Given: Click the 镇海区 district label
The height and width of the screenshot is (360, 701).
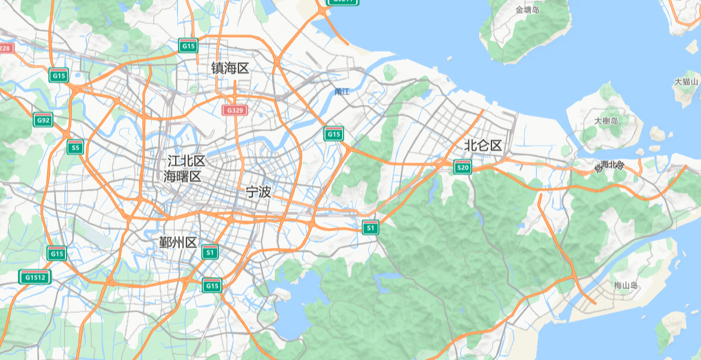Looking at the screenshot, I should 230,68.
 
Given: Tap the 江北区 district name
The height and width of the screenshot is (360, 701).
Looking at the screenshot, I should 186,161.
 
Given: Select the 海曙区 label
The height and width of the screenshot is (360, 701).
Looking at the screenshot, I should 182,176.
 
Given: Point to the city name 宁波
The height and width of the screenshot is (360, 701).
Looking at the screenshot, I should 258,192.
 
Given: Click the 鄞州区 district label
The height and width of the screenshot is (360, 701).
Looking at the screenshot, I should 178,243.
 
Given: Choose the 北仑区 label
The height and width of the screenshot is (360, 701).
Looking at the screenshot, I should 483,146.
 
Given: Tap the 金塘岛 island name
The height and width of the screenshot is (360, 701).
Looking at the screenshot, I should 527,10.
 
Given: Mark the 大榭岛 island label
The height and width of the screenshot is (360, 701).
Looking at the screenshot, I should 606,121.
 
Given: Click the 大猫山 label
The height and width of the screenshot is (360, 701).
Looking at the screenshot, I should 686,82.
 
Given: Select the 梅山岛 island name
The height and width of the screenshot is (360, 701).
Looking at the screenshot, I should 626,285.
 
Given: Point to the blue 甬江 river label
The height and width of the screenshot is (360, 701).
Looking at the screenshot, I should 342,92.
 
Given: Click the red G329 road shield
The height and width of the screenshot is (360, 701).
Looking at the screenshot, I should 235,110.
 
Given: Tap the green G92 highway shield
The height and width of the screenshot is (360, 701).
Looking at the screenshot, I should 43,120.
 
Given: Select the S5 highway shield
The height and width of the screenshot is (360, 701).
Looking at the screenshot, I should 75,147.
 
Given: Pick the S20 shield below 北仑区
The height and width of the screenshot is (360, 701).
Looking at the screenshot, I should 463,167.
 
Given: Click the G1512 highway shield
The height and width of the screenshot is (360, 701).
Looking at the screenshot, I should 35,277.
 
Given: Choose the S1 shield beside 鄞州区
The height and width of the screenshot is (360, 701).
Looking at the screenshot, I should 210,252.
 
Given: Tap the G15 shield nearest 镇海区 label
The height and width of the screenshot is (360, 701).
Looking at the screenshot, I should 188,46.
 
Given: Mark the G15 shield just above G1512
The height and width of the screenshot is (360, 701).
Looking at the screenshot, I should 57,253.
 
